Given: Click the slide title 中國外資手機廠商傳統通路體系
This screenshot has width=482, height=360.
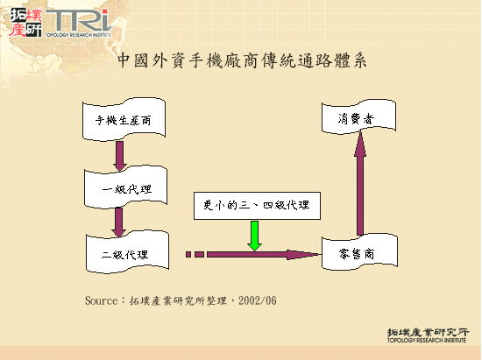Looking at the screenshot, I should (x=241, y=61).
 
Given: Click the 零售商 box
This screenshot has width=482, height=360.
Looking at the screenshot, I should (x=359, y=254).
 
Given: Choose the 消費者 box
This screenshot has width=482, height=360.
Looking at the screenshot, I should (x=359, y=119).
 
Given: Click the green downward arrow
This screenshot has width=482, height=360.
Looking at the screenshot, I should (x=255, y=234).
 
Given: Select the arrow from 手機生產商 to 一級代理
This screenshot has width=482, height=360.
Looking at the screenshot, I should (x=120, y=154).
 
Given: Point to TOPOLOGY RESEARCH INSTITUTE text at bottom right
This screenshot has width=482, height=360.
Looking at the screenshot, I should (x=427, y=342).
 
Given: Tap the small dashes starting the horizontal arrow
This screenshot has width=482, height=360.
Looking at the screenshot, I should (x=195, y=254).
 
